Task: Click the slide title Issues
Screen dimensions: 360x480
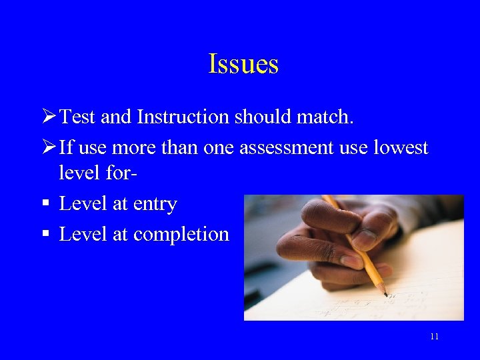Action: coord(243,65)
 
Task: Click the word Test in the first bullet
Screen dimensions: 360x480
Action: coord(78,117)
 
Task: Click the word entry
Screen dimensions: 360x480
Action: coord(155,205)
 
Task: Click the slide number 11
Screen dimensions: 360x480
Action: coord(434,337)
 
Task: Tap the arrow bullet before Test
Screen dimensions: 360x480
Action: coord(48,117)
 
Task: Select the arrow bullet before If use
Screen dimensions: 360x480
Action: coord(48,147)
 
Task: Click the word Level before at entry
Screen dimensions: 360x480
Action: coord(83,204)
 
